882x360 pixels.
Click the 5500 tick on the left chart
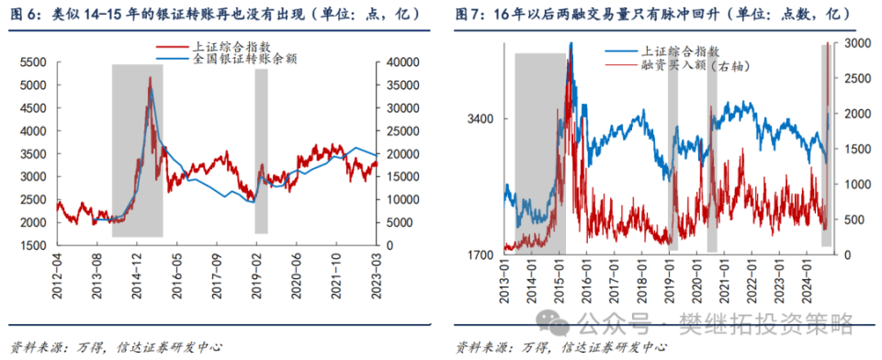(37, 62)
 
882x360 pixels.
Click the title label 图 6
(25, 14)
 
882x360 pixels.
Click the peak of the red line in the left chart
(150, 78)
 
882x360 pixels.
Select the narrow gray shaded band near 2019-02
(261, 152)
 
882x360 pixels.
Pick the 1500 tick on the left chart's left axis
(37, 246)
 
